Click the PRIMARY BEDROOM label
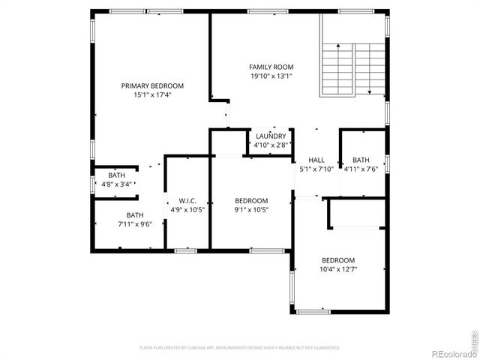click(x=152, y=85)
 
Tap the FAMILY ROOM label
click(x=271, y=67)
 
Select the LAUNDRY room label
click(x=270, y=136)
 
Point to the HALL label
click(x=316, y=160)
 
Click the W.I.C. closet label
click(x=187, y=200)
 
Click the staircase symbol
click(x=352, y=69)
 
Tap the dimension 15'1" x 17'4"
click(x=152, y=95)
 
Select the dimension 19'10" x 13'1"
click(x=271, y=76)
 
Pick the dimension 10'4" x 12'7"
click(x=338, y=269)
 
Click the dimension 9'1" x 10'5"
click(x=251, y=210)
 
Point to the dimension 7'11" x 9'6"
click(x=135, y=224)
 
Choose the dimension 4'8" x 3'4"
click(x=116, y=184)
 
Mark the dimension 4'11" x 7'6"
click(x=361, y=169)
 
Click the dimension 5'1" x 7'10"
click(x=316, y=169)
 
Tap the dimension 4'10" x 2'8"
click(x=270, y=145)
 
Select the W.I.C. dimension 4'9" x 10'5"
click(x=187, y=210)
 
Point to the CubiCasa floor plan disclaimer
click(x=239, y=348)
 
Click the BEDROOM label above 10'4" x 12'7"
click(x=338, y=260)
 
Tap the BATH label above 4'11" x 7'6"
click(x=361, y=160)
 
